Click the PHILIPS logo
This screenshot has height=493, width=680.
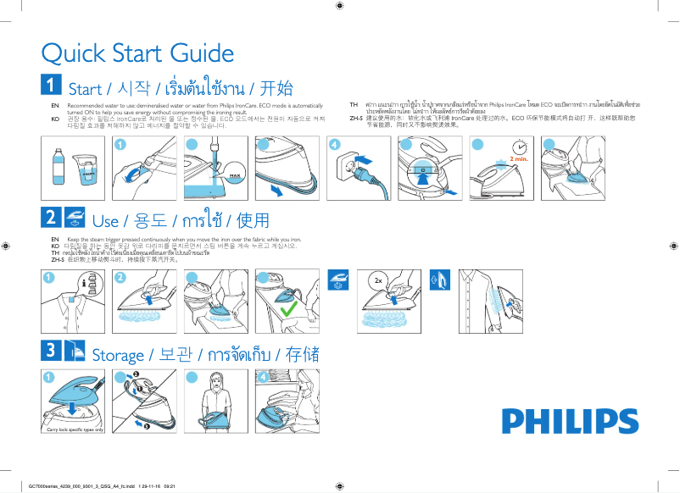coord(558,422)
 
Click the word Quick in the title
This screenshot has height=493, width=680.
coord(74,53)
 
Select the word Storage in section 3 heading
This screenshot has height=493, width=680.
coord(119,354)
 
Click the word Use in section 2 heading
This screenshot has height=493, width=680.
coord(104,221)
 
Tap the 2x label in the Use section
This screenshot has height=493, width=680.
coord(380,279)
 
